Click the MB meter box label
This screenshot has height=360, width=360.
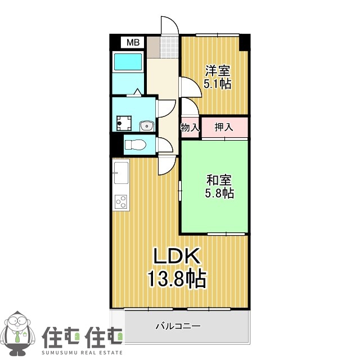coord(133,42)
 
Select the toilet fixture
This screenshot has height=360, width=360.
coord(136,145)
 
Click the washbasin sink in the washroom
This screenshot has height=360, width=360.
coord(146,125)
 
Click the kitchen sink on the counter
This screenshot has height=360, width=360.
coord(121,171)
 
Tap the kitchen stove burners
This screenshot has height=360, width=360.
coord(120,201)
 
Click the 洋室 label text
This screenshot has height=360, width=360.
coord(218,71)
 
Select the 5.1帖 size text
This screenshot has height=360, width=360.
coord(218,84)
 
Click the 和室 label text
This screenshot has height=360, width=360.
coord(219,181)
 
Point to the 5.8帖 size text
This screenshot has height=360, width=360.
coord(219,193)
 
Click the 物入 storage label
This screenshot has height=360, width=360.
coord(190,128)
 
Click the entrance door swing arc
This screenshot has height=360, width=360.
coord(170,25)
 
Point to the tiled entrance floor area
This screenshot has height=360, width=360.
coord(168,47)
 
